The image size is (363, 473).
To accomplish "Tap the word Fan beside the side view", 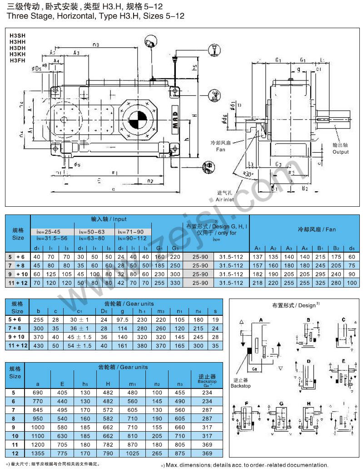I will click(220, 149).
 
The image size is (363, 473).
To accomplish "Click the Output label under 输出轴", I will click(340, 152).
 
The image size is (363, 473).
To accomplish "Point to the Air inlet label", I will click(224, 199).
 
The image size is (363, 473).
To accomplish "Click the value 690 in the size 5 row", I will click(38, 392).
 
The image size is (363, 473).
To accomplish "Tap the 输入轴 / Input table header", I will click(109, 219).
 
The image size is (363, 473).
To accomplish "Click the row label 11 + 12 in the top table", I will click(18, 283).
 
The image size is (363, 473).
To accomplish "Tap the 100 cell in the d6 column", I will click(351, 283).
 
